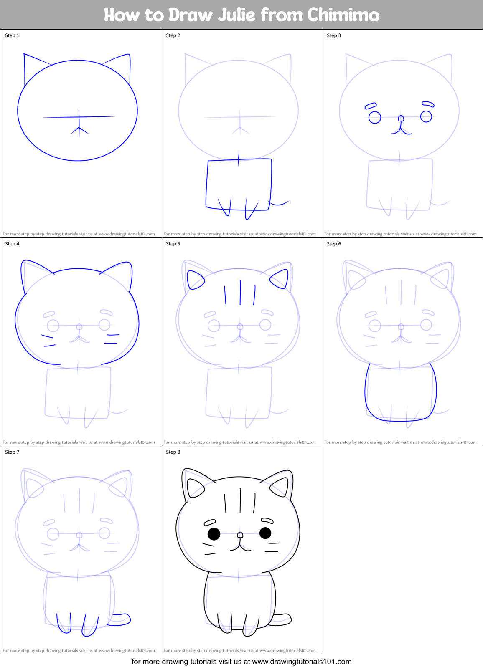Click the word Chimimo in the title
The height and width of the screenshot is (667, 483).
(x=343, y=15)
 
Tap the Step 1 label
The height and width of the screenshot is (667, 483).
(x=12, y=35)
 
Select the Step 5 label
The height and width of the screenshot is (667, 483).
(x=173, y=244)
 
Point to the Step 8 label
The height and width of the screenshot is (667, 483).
(x=173, y=452)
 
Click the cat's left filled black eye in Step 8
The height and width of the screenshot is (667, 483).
(x=214, y=534)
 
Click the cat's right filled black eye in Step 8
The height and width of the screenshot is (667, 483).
(x=265, y=533)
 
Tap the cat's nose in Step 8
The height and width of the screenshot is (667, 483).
(x=240, y=535)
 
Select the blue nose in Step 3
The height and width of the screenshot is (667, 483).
(x=401, y=119)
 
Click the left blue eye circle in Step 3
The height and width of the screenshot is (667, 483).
(x=375, y=118)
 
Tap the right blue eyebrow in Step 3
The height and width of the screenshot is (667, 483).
(x=428, y=104)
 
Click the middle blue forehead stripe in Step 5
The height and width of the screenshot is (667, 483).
(x=240, y=292)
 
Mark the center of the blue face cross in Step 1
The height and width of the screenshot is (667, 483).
(x=79, y=117)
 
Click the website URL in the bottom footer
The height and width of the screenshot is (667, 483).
(x=302, y=662)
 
